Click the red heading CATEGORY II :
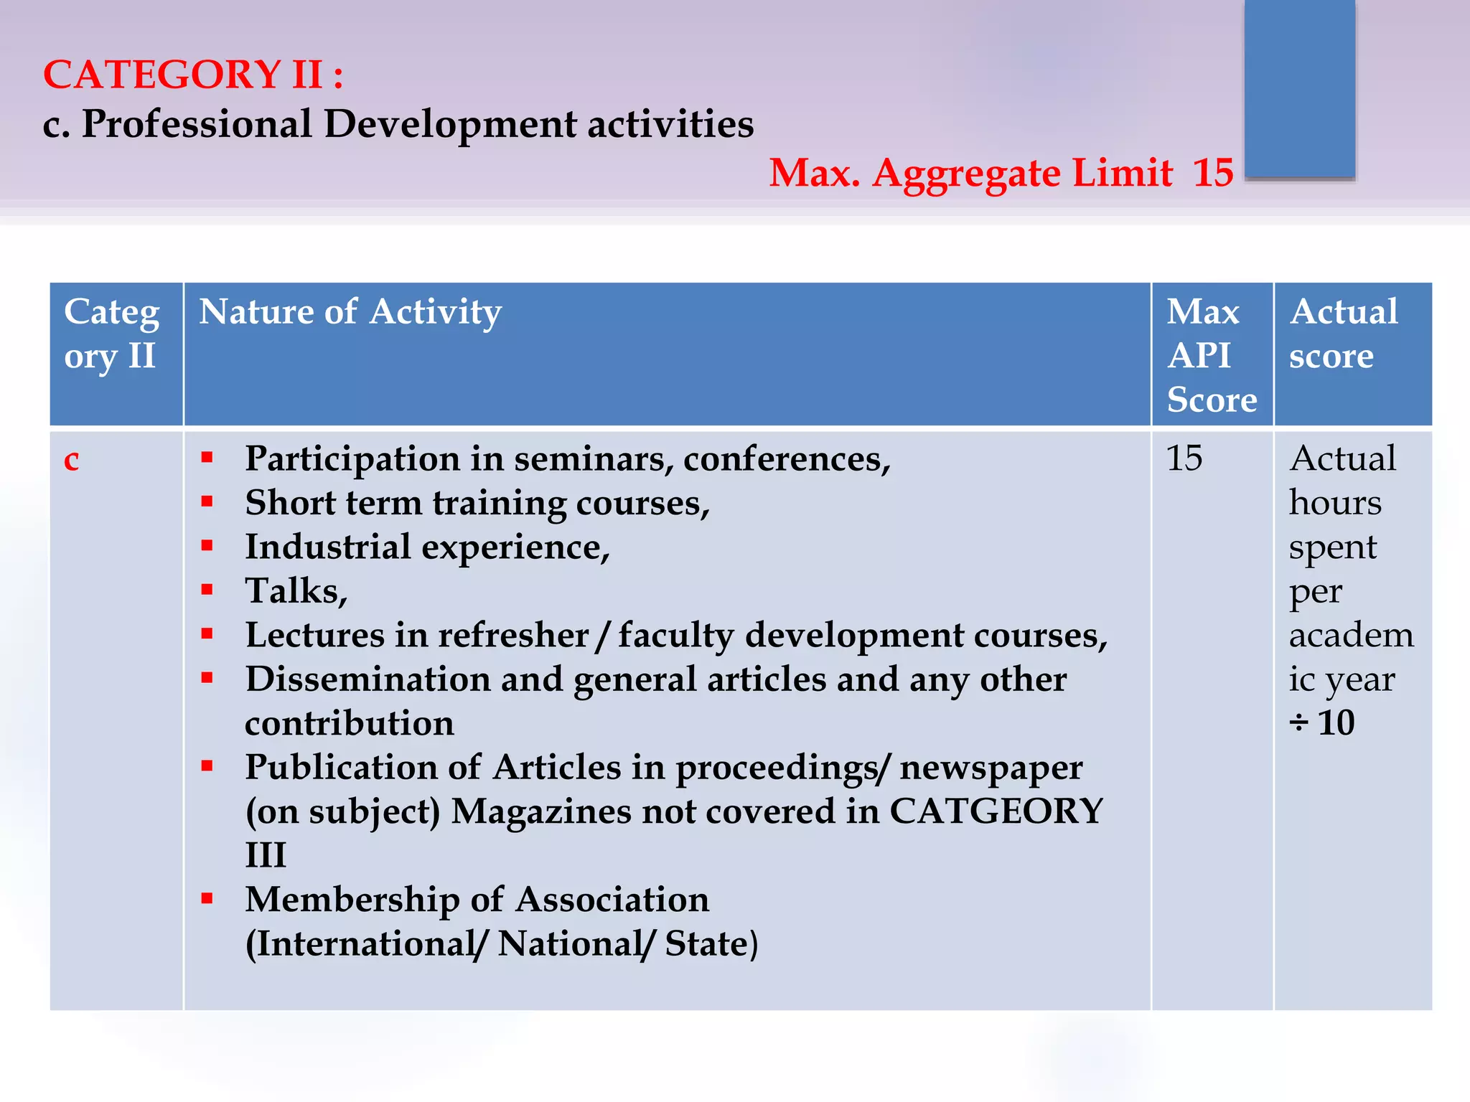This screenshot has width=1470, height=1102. point(193,75)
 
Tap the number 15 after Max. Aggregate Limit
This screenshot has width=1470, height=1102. point(1213,173)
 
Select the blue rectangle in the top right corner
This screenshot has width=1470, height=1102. point(1299,88)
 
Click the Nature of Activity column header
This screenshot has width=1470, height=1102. point(350,312)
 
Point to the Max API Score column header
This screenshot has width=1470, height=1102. point(1212,355)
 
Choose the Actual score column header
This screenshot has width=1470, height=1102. point(1343,334)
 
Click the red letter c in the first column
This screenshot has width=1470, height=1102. point(72,459)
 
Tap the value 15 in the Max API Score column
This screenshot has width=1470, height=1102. point(1184,458)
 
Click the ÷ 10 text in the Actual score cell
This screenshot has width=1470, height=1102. point(1322,723)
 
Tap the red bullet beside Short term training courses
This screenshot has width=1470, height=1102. point(207,502)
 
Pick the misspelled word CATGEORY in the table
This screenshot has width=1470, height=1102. point(996,811)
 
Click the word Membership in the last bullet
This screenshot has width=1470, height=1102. point(352,900)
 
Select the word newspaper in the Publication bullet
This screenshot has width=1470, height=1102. point(991,768)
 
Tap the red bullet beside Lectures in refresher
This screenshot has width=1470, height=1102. point(207,634)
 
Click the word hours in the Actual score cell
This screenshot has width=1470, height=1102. point(1335,503)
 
